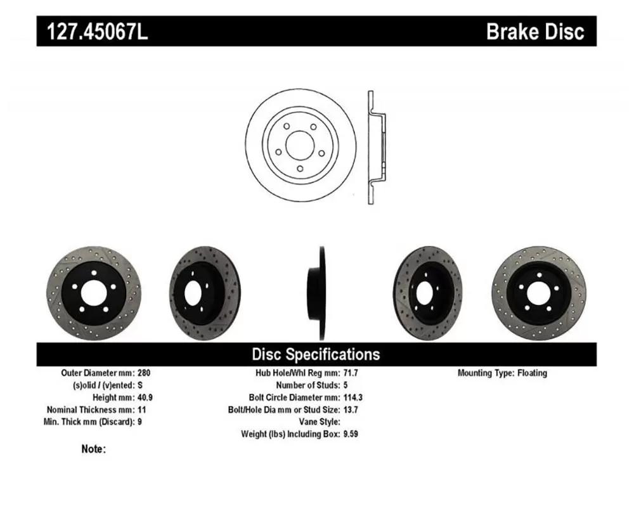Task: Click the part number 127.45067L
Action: click(x=98, y=31)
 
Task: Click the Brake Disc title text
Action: click(x=535, y=31)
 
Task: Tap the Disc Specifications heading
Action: click(x=316, y=354)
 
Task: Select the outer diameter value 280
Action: click(x=144, y=373)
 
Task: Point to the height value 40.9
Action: click(x=145, y=397)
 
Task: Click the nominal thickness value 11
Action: click(x=141, y=409)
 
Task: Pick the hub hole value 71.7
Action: click(x=351, y=373)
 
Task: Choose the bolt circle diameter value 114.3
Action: click(x=353, y=397)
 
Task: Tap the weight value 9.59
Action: click(x=351, y=434)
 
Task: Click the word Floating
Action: click(x=532, y=373)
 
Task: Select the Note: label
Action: click(x=93, y=449)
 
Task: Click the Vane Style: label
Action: click(x=320, y=421)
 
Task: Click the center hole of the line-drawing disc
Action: click(x=300, y=145)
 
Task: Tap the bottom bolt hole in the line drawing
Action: click(x=300, y=169)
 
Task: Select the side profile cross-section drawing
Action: click(x=377, y=147)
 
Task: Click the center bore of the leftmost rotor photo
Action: click(x=94, y=293)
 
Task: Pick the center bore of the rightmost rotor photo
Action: click(x=538, y=293)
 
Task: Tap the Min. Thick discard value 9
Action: click(x=140, y=421)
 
